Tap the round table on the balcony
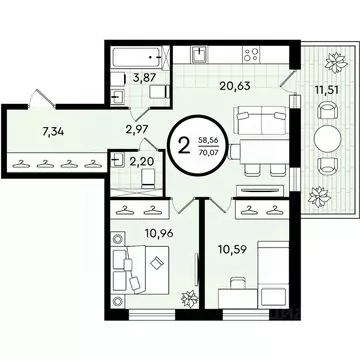(x=326, y=136)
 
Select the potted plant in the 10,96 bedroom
(x=186, y=298)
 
